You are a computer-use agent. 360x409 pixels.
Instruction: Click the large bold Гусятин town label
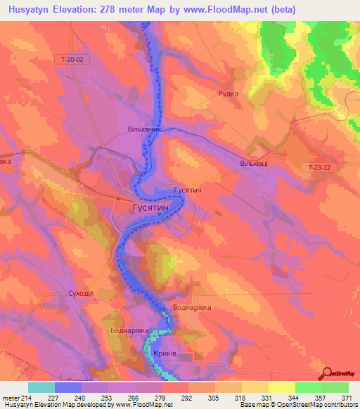(150, 209)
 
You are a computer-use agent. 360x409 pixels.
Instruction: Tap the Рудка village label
(229, 93)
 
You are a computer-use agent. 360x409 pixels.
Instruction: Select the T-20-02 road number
(72, 60)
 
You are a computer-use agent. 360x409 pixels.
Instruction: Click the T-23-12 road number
(321, 167)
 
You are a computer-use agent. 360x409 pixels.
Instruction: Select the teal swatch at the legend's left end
(41, 387)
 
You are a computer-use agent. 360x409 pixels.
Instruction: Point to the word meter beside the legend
(11, 397)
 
